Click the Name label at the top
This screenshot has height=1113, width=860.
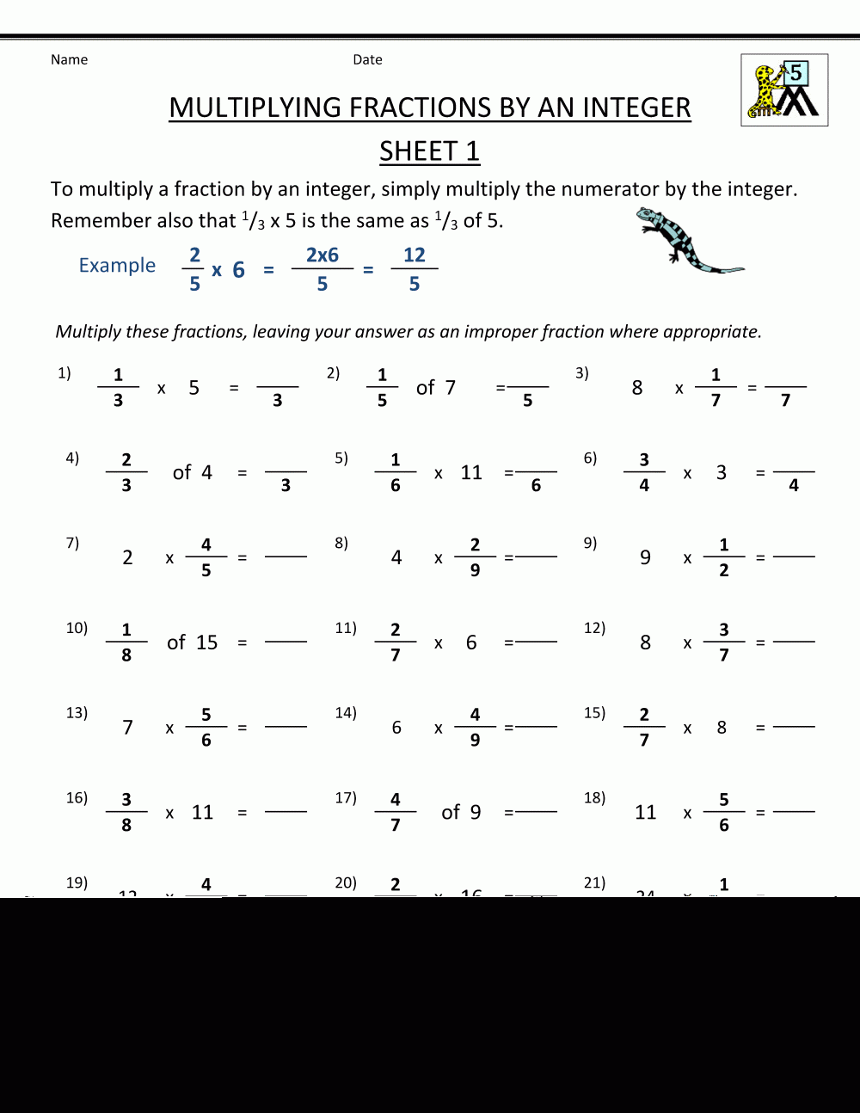[69, 59]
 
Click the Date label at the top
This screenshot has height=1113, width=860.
[367, 59]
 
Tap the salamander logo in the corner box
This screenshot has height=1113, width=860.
[784, 90]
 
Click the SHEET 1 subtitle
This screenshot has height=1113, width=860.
[429, 151]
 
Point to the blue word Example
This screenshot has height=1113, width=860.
[117, 265]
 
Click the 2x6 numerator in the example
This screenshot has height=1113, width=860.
[322, 255]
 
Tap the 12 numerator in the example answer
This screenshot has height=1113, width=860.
[415, 255]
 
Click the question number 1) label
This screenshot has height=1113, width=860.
[64, 372]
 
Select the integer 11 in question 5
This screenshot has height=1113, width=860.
[471, 472]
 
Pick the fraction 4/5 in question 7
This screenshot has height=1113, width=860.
[206, 557]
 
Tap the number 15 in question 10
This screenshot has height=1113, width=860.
[206, 643]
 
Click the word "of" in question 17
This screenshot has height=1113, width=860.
[451, 812]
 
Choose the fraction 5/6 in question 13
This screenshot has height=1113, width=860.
[206, 727]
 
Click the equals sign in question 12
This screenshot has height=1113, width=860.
[760, 643]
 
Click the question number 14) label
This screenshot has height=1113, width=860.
[346, 712]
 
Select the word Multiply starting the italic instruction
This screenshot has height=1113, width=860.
[88, 332]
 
